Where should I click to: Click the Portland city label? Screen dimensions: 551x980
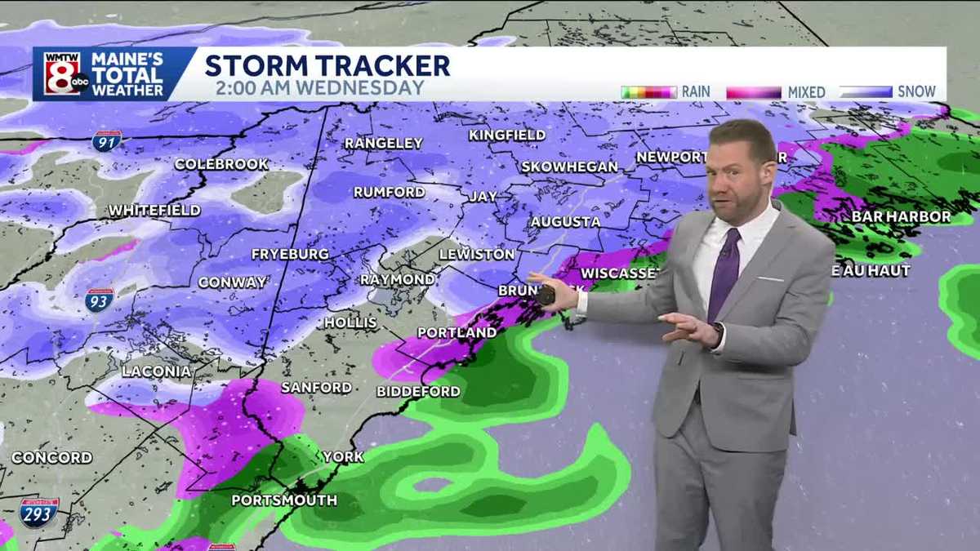457,333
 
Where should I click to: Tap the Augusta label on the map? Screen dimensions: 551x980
565,221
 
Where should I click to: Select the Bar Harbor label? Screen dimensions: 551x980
901,216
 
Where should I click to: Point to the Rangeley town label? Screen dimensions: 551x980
383,143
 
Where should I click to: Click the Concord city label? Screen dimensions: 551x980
51,457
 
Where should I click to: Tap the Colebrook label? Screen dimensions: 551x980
220,164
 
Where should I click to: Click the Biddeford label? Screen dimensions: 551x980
418,391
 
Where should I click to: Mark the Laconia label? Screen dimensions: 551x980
156,371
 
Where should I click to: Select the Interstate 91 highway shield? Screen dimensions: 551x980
107,140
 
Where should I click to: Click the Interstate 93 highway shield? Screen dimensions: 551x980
100,300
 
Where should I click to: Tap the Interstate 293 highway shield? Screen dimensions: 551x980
38,512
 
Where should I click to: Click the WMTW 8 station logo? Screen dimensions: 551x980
61,74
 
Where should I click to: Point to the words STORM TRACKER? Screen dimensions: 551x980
327,65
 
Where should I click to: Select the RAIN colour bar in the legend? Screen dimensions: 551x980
648,91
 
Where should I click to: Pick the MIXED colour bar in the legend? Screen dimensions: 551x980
753,92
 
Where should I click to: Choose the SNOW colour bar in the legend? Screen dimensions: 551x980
865,91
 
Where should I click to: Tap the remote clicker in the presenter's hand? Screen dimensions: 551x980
546,296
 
